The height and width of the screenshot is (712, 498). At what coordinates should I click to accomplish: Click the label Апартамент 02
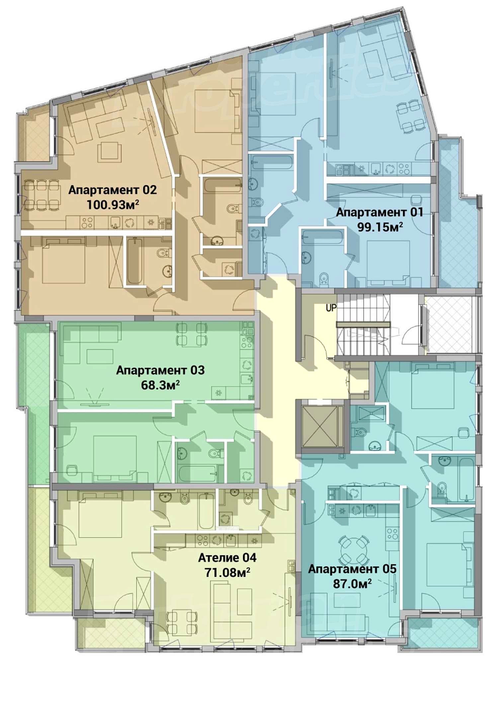coord(112,190)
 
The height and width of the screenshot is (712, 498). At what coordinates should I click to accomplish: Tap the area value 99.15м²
coord(380,227)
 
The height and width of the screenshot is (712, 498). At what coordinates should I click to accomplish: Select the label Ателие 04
coord(227,558)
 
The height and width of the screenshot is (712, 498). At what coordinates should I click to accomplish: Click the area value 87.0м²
coord(352,584)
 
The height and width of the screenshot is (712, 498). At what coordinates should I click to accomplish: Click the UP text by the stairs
coord(331,308)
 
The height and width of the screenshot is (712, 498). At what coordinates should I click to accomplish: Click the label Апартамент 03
coord(160,370)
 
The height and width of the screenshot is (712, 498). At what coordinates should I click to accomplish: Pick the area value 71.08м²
coord(227,572)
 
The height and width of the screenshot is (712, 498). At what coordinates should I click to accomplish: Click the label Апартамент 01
coord(379,212)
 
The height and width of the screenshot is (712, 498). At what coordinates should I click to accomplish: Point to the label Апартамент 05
coord(352,569)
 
